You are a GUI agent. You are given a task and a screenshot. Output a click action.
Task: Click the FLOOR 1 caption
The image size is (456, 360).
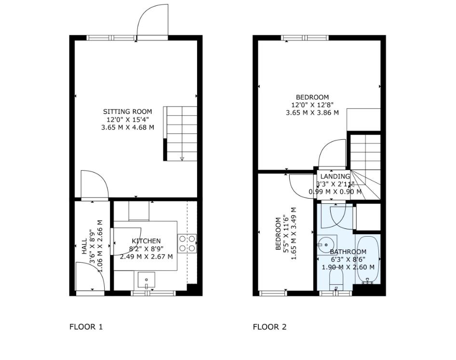(x=86, y=327)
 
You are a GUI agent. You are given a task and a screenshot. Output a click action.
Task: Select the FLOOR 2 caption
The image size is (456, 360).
(x=269, y=327)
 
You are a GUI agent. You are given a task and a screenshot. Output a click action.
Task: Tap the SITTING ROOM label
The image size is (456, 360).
(x=127, y=112)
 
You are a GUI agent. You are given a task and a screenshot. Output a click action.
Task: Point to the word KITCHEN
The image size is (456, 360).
(x=146, y=241)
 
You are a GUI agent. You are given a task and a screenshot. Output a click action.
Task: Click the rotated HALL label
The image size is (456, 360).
(x=84, y=246)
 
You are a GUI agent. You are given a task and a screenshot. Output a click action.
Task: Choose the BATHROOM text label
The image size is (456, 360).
(x=348, y=252)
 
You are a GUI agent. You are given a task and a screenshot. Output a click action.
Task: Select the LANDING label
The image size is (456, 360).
(x=335, y=177)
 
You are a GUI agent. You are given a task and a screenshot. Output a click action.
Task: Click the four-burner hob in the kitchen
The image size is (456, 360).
(x=187, y=243)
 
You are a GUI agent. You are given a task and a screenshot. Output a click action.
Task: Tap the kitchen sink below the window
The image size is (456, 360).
(x=146, y=280)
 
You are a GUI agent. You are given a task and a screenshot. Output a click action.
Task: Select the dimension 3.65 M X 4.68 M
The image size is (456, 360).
(x=127, y=127)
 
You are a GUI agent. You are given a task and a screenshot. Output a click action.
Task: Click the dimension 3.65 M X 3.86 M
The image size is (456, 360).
(x=312, y=113)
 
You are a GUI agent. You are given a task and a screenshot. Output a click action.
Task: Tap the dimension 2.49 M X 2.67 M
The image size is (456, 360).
(x=146, y=256)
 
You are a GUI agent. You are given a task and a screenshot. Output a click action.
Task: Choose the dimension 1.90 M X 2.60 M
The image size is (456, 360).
(x=348, y=267)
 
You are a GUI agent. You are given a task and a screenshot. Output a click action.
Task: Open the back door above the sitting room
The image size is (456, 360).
(x=153, y=22)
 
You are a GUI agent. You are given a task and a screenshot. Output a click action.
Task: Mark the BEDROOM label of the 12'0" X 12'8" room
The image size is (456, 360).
(x=312, y=97)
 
